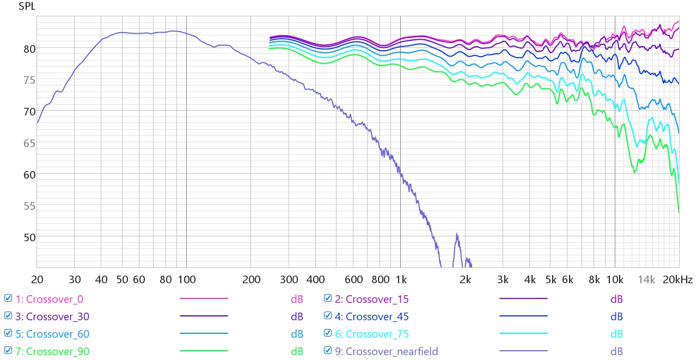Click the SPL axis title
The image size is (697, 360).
27,6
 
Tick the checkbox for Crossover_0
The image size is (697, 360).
8,298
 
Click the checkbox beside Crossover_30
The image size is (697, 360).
8,315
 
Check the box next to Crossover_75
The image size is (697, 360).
328,333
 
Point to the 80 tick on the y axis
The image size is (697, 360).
29,49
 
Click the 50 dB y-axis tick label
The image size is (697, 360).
29,237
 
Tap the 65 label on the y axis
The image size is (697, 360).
29,143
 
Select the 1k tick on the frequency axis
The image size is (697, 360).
401,280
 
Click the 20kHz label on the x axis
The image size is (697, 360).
677,280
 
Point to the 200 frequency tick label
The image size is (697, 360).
251,280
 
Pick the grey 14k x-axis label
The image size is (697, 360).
646,280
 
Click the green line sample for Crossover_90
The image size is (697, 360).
204,351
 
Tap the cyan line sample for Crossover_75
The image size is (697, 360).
523,333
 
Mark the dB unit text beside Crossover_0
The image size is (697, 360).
297,299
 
